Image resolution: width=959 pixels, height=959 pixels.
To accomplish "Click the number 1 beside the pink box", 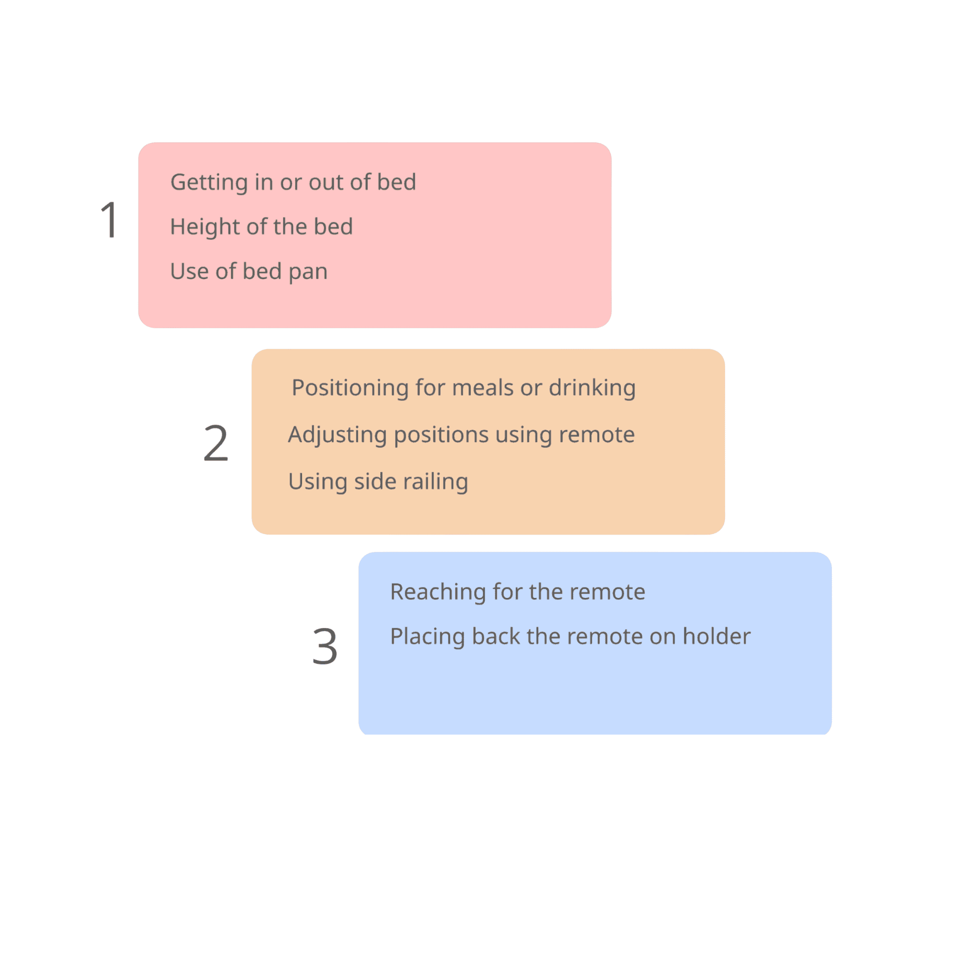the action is tap(109, 220).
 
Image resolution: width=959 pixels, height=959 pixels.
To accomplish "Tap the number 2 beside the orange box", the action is tap(216, 443).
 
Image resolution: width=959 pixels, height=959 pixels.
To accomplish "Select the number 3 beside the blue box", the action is tap(325, 646).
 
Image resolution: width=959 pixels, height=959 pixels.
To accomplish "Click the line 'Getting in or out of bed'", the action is tap(293, 182).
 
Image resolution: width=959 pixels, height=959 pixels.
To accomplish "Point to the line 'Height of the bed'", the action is tap(261, 227).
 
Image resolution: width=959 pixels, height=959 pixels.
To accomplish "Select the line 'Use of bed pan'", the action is tap(249, 271).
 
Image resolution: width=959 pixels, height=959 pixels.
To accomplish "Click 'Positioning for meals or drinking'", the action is tap(463, 387).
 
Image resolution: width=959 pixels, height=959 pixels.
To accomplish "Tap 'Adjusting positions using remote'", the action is tap(461, 435).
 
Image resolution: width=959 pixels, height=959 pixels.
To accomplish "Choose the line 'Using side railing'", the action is tap(378, 481).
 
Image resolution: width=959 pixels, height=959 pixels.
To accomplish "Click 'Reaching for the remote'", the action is tap(517, 592).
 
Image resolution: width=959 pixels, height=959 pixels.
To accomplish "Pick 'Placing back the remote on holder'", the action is tap(570, 636).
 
